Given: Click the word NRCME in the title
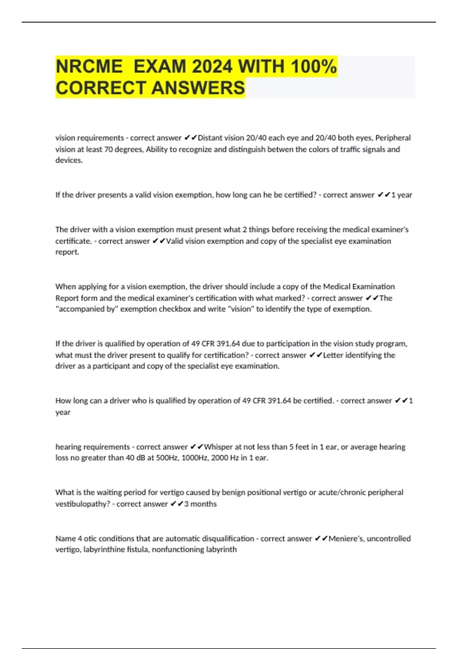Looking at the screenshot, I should click(89, 67).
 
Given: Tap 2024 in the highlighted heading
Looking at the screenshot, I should click(212, 67).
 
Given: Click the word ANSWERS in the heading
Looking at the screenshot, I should click(198, 88).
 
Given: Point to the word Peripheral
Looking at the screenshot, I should click(393, 138).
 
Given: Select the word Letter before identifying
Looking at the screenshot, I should click(334, 355).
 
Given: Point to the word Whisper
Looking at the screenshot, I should click(218, 447).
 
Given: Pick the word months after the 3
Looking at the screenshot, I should click(203, 504).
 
